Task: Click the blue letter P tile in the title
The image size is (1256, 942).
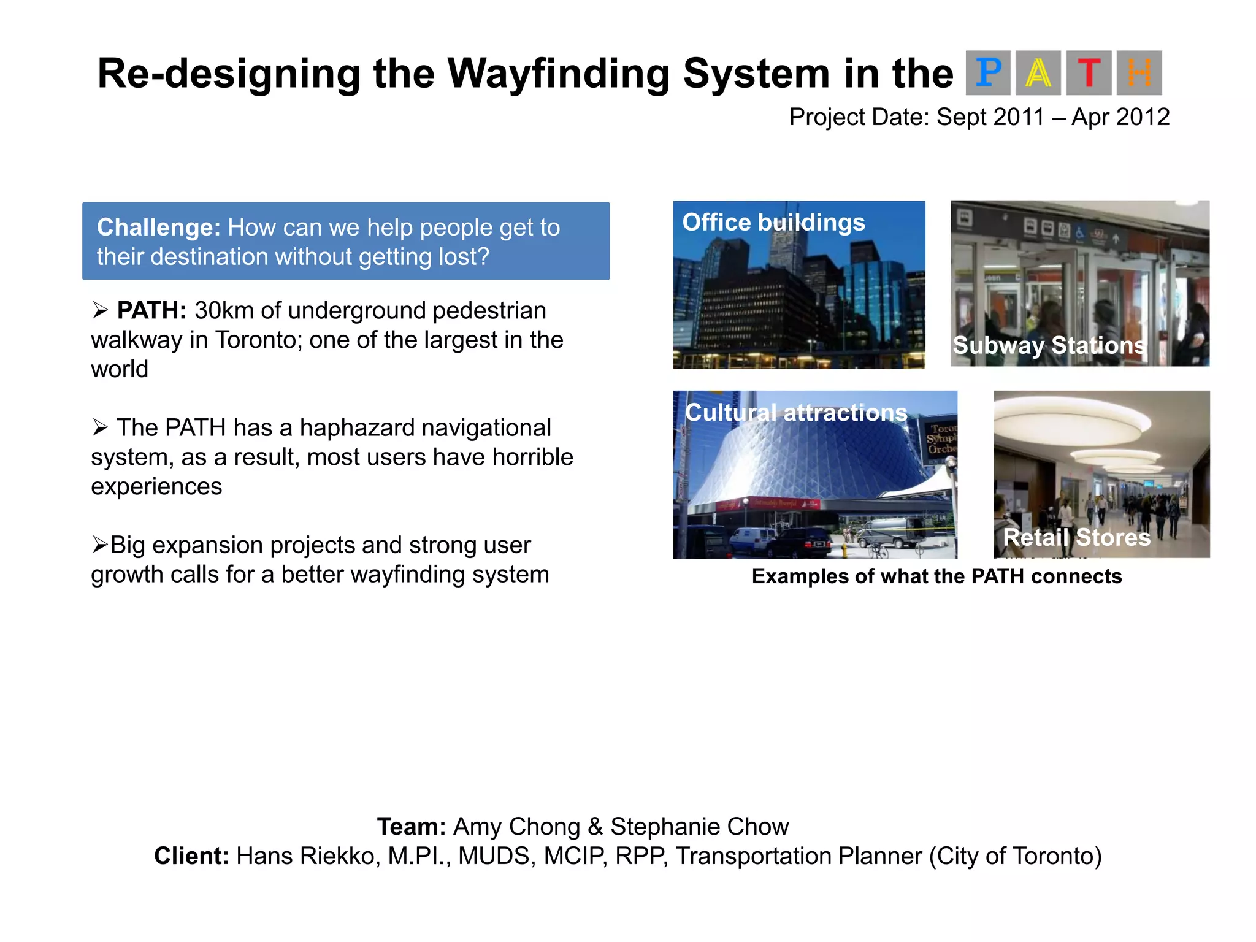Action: [988, 73]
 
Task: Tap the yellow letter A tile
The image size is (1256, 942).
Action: [1038, 73]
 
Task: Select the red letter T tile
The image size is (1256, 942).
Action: [1089, 73]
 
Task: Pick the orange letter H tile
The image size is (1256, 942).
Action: [1139, 73]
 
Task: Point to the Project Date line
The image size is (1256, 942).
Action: [979, 117]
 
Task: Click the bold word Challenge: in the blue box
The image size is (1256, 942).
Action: [158, 228]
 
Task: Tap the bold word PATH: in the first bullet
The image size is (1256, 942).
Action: [151, 311]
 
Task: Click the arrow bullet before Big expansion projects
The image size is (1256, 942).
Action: [100, 545]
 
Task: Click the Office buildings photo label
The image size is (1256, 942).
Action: [773, 223]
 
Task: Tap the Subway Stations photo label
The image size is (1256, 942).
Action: [1049, 346]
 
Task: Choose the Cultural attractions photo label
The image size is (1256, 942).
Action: [795, 413]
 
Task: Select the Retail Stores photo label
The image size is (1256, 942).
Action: [1076, 538]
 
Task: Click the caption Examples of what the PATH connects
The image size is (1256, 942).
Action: [936, 576]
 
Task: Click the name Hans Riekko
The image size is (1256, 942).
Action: [305, 856]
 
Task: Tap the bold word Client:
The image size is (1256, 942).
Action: [191, 856]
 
